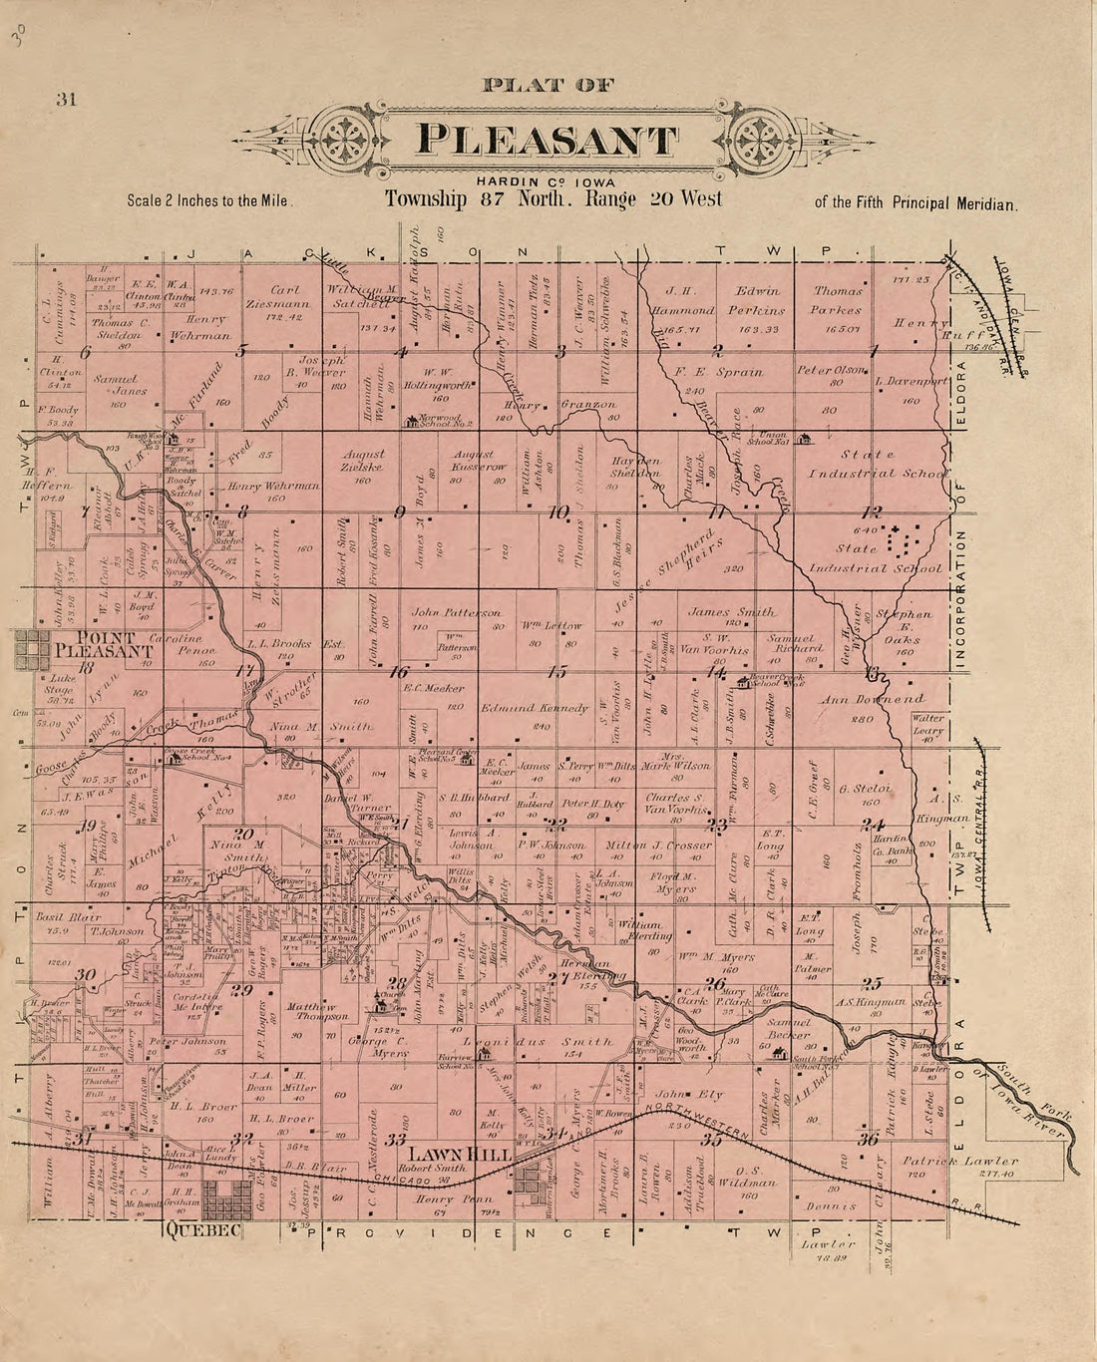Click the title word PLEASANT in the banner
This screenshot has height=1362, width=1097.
click(x=547, y=140)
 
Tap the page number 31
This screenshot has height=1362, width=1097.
click(x=67, y=99)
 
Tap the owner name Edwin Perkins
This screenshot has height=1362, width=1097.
click(x=757, y=300)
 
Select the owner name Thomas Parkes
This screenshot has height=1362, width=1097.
click(x=838, y=300)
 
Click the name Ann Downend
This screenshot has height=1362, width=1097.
click(x=873, y=700)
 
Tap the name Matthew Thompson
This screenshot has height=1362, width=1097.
click(x=318, y=1012)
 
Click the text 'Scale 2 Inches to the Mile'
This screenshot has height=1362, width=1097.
click(x=208, y=200)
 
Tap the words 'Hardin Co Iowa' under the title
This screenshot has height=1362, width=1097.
click(x=546, y=180)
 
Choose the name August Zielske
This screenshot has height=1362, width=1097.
click(x=364, y=460)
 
